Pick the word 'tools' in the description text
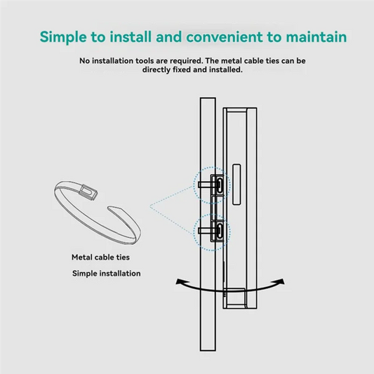pyautogui.click(x=159, y=61)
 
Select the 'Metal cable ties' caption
pyautogui.click(x=101, y=258)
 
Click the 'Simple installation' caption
pyautogui.click(x=106, y=273)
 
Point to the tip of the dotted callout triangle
pyautogui.click(x=149, y=206)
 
